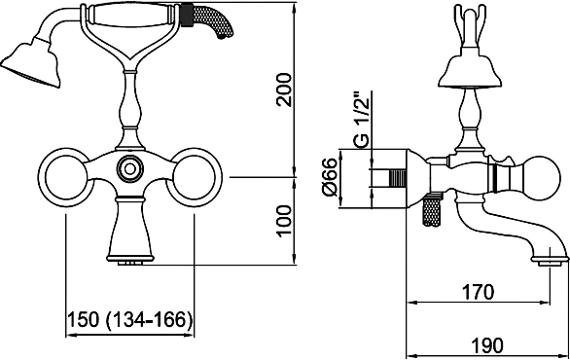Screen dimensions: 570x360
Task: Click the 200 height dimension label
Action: pyautogui.click(x=284, y=90)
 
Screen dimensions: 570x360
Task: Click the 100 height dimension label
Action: pyautogui.click(x=284, y=221)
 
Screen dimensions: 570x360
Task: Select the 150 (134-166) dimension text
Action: pyautogui.click(x=129, y=320)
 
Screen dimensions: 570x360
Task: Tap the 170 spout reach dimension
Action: pyautogui.click(x=478, y=292)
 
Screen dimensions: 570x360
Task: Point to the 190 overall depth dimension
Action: pyautogui.click(x=487, y=345)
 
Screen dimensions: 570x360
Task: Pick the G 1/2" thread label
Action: pyautogui.click(x=361, y=121)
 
